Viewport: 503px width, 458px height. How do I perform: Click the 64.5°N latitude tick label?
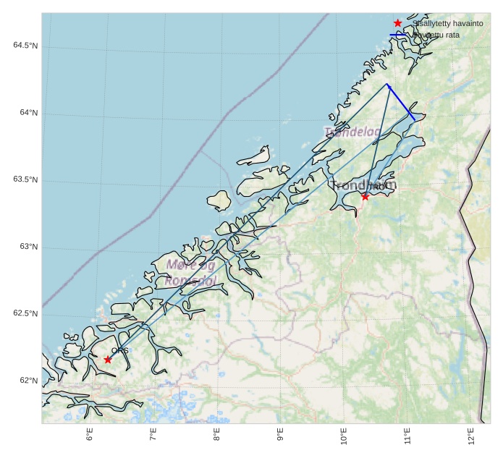[25, 46]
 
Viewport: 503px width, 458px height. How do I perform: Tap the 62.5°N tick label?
[25, 313]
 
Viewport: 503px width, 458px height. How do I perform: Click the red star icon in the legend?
[397, 23]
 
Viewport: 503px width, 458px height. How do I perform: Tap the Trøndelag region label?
[352, 132]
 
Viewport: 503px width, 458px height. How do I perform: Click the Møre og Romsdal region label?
[190, 273]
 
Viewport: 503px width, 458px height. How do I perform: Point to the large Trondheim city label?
[364, 185]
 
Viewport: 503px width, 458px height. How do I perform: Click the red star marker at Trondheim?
[365, 196]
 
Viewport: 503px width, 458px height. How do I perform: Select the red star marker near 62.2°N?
[108, 360]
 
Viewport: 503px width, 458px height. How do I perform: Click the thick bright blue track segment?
[401, 101]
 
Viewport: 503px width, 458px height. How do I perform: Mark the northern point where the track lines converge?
[387, 84]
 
